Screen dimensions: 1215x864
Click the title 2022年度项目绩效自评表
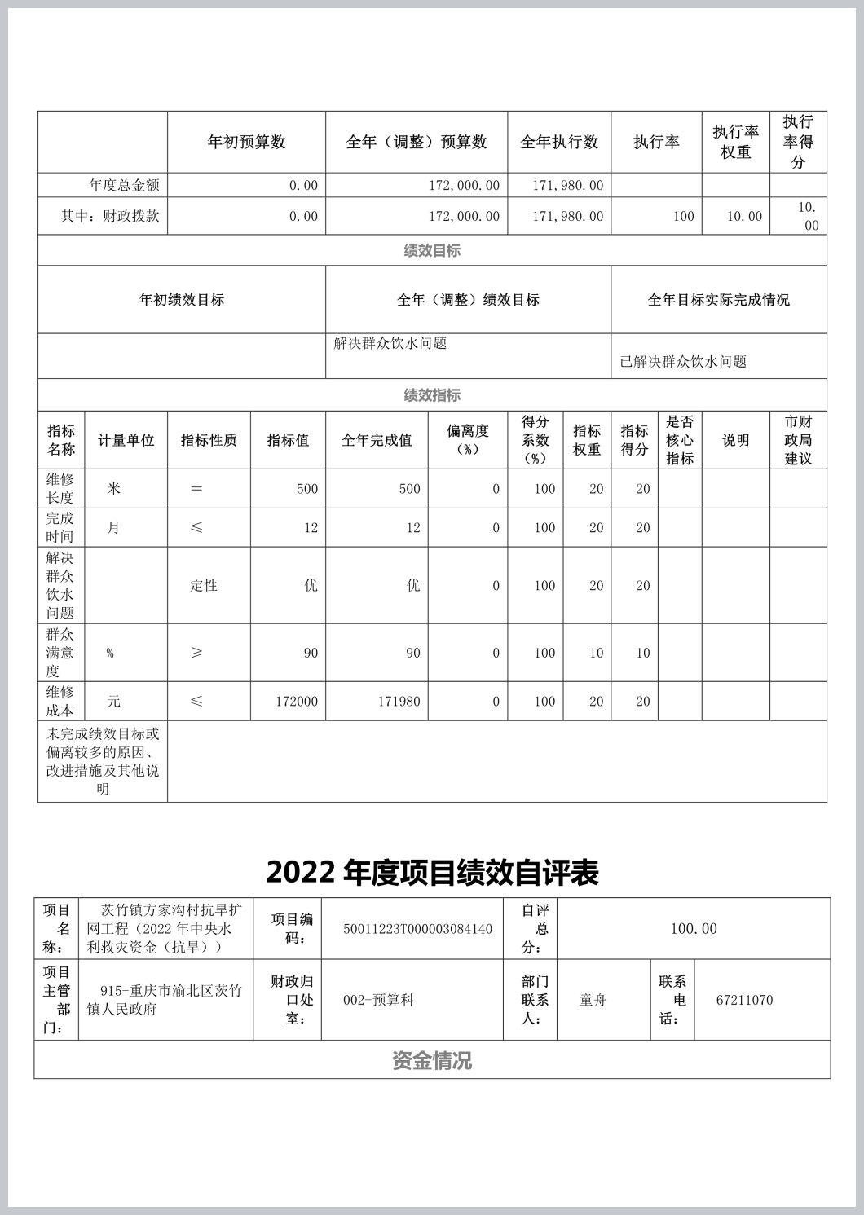pyautogui.click(x=432, y=872)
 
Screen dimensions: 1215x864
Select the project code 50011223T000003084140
pyautogui.click(x=417, y=929)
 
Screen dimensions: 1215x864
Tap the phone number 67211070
pyautogui.click(x=744, y=1000)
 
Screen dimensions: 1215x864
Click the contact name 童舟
pyautogui.click(x=593, y=1000)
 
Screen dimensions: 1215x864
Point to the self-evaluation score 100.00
pyautogui.click(x=694, y=929)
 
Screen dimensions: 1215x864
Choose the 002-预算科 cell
pyautogui.click(x=378, y=1000)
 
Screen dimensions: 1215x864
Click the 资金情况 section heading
pyautogui.click(x=432, y=1060)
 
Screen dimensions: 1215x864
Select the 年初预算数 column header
pyautogui.click(x=246, y=142)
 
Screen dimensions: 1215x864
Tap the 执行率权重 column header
pyautogui.click(x=735, y=142)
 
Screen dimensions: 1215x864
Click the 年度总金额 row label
pyautogui.click(x=124, y=185)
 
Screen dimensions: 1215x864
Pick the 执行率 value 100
pyautogui.click(x=683, y=216)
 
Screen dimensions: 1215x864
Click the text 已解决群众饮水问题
pyautogui.click(x=683, y=362)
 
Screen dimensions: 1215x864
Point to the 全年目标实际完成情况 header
pyautogui.click(x=718, y=300)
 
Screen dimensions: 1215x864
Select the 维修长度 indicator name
pyautogui.click(x=60, y=488)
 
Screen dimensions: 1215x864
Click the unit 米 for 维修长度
pyautogui.click(x=113, y=488)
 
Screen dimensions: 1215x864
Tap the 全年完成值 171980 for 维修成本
pyautogui.click(x=399, y=702)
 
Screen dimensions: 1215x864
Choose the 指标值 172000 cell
pyautogui.click(x=296, y=702)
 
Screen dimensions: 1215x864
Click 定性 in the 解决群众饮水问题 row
pyautogui.click(x=204, y=585)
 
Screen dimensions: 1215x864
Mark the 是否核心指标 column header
pyautogui.click(x=679, y=440)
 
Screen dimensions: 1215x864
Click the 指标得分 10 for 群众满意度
pyautogui.click(x=642, y=653)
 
